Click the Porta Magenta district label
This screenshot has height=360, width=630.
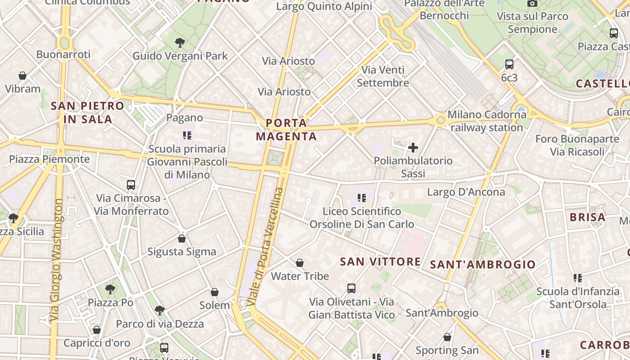(287, 130)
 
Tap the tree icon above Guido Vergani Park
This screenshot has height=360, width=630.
(180, 43)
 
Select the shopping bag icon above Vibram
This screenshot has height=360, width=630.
(22, 76)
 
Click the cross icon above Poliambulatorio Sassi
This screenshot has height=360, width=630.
(413, 147)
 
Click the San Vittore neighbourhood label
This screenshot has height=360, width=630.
(380, 261)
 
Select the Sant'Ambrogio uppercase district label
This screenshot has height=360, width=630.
(483, 264)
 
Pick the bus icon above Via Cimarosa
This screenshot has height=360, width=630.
(131, 184)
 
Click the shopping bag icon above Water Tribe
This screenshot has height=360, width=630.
(300, 263)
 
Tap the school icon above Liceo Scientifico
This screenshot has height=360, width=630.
(361, 198)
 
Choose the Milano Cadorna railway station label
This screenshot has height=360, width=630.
(486, 121)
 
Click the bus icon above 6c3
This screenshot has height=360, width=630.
(509, 64)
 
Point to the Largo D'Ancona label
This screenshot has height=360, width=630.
(466, 192)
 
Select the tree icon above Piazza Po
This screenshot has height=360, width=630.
(110, 289)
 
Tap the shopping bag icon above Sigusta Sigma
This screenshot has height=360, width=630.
(182, 238)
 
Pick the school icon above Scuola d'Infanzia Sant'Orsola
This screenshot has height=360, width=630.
(578, 278)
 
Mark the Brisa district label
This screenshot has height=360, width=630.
(587, 217)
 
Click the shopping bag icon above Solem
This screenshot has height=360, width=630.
(215, 292)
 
